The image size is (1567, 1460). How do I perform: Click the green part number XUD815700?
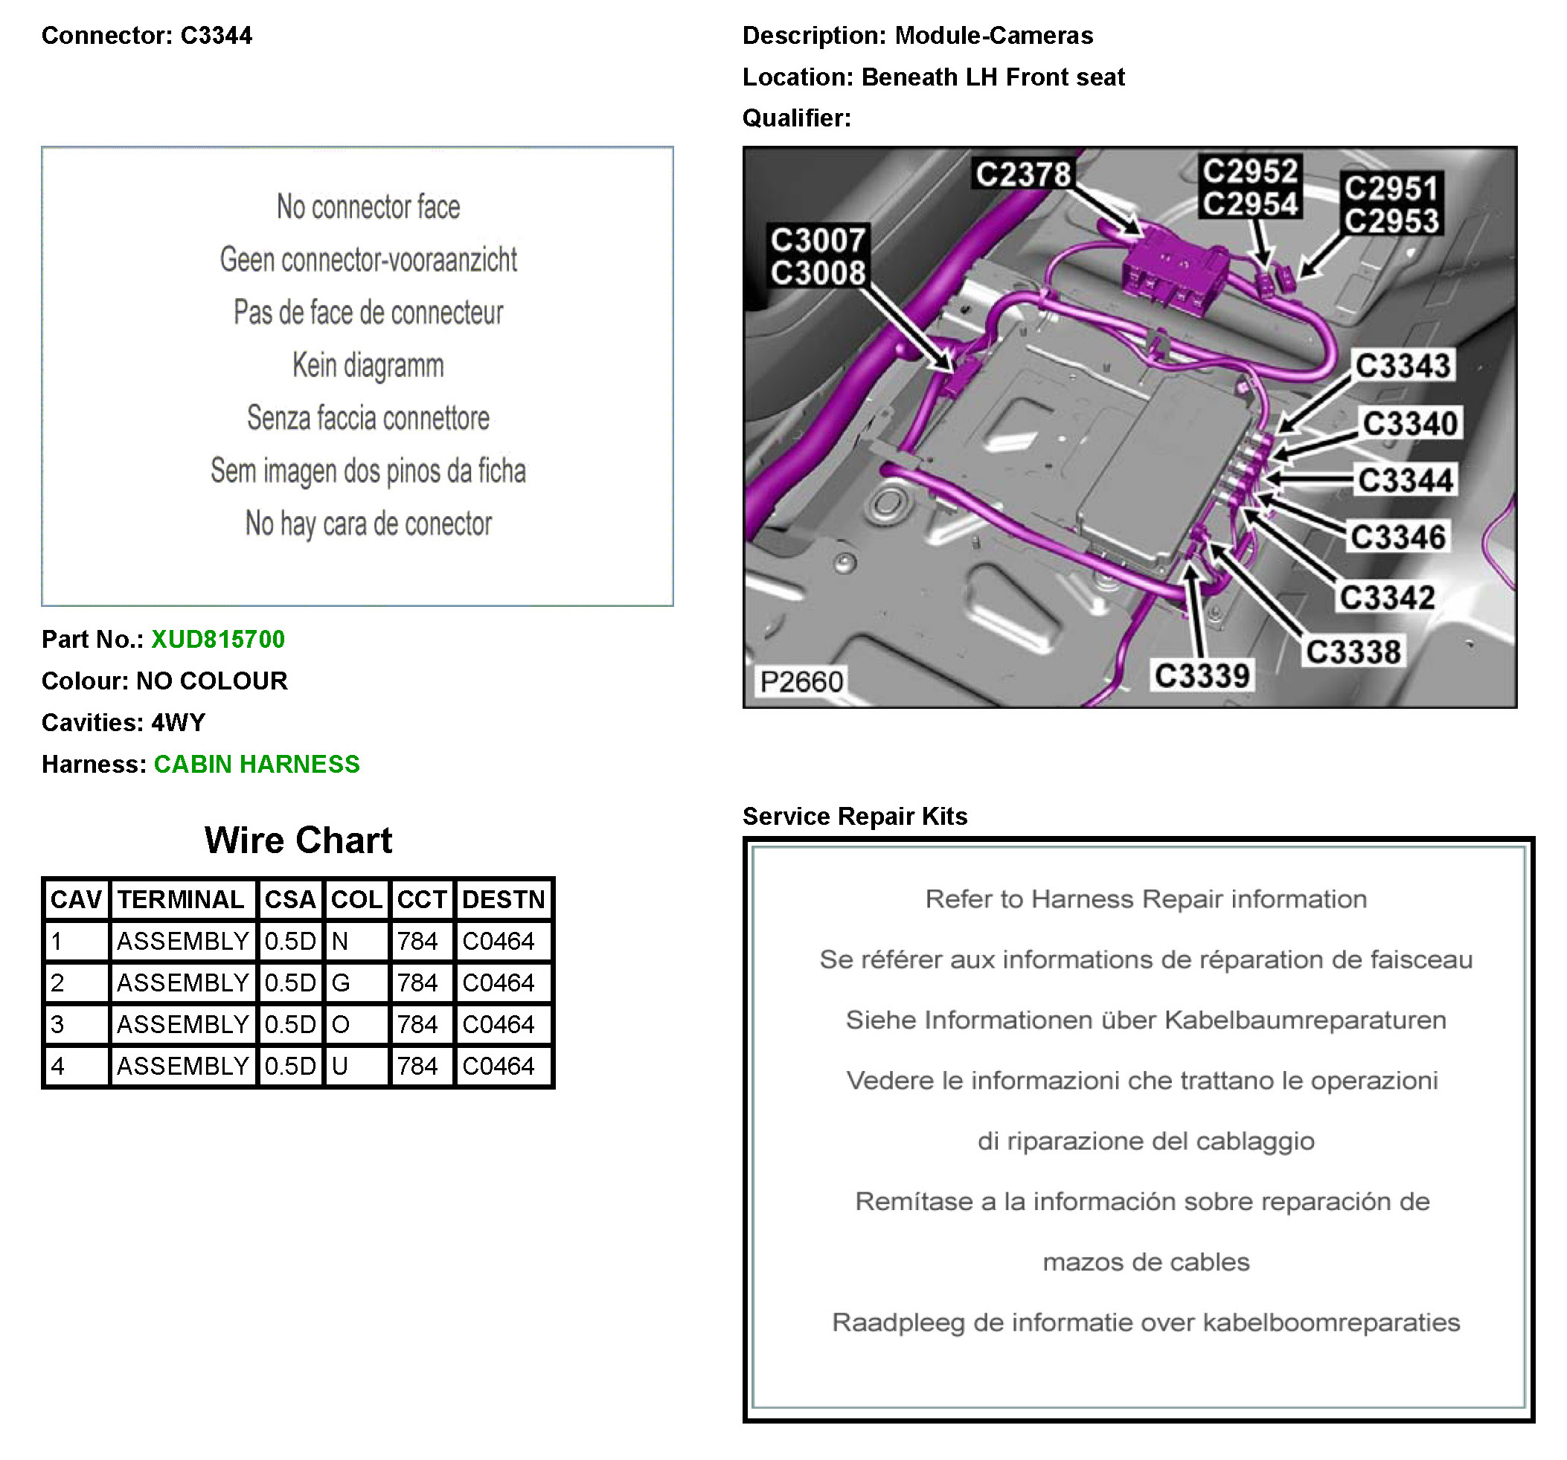tap(217, 639)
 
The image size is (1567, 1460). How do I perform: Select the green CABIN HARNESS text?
tap(256, 765)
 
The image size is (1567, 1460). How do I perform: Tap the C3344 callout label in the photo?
tap(1406, 480)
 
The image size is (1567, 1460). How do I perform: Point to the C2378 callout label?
tap(1023, 174)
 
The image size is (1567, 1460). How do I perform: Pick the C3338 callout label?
tap(1353, 652)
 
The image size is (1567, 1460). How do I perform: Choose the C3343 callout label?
tap(1403, 366)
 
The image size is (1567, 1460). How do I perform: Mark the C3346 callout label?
tap(1397, 536)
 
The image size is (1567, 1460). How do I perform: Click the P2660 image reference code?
tap(801, 681)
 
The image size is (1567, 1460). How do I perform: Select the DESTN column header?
tap(504, 899)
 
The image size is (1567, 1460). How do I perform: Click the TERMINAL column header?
tap(182, 899)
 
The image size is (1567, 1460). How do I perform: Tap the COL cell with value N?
tap(341, 941)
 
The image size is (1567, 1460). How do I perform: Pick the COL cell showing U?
tap(341, 1066)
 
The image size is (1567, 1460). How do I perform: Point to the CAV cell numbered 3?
tap(57, 1024)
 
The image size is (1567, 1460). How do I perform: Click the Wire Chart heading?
tap(298, 840)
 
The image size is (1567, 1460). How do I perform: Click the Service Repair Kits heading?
tap(854, 817)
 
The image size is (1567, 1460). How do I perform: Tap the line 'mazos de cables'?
tap(1145, 1262)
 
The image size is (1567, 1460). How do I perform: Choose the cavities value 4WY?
tap(178, 722)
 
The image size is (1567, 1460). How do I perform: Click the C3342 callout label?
tap(1386, 597)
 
